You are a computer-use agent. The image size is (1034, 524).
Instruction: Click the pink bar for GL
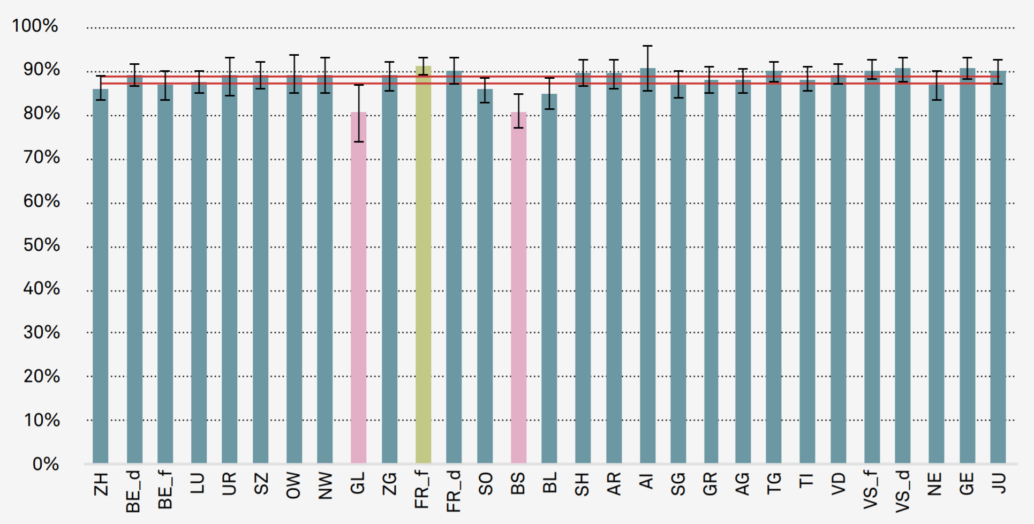(x=358, y=289)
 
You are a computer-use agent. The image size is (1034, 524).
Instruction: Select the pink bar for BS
(x=518, y=289)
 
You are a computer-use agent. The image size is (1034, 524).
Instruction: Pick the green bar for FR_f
(x=423, y=268)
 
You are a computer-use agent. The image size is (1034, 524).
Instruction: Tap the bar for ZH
(x=101, y=279)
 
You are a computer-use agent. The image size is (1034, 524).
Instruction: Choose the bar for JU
(x=998, y=268)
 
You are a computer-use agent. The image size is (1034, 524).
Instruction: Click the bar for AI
(x=647, y=268)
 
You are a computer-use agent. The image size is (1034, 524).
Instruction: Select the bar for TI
(x=807, y=273)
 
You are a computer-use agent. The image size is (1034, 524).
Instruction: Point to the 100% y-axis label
(x=35, y=26)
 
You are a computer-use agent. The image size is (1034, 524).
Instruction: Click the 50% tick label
(x=41, y=245)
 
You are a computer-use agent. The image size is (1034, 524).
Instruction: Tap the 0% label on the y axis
(x=46, y=464)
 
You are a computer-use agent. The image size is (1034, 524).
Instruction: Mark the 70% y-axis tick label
(x=41, y=158)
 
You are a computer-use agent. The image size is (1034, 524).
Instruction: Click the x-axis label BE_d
(x=133, y=492)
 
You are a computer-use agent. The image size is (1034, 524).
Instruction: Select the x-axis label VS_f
(x=871, y=490)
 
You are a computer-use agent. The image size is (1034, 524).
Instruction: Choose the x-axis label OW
(x=293, y=485)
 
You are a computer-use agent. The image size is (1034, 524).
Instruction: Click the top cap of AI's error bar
(x=647, y=46)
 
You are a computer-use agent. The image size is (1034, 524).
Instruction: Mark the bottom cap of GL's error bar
(x=358, y=141)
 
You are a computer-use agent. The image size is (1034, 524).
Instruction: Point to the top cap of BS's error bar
(x=518, y=94)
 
